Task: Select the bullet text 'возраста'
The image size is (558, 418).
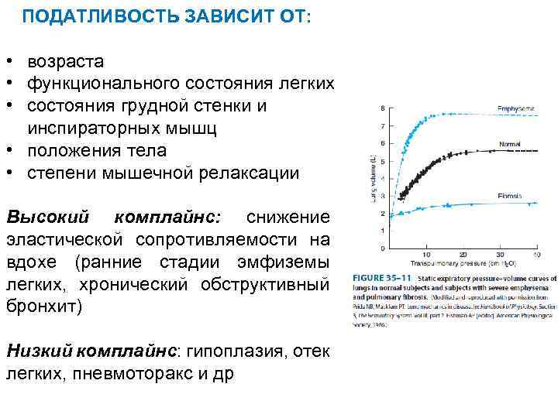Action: pos(66,61)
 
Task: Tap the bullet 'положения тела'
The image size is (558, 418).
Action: pos(97,149)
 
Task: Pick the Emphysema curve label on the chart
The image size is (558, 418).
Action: pos(514,108)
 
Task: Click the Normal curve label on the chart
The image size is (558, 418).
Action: pos(510,144)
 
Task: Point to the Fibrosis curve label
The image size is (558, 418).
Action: pos(510,196)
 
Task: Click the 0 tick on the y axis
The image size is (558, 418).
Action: pos(382,248)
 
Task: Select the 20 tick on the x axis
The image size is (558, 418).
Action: pos(463,254)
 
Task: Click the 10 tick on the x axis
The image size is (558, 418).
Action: pos(426,254)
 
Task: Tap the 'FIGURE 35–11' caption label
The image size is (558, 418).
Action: pos(383,276)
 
